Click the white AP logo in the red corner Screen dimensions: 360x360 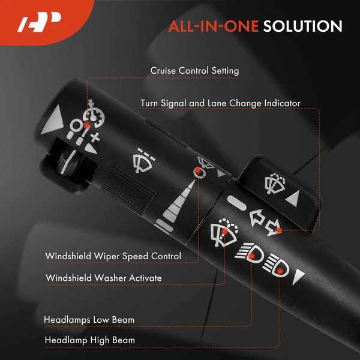point(39,22)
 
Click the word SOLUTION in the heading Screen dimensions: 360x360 point(302,26)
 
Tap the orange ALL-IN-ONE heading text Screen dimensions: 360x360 point(214,26)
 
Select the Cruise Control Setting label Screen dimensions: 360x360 point(194,71)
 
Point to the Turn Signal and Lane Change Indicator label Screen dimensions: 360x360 point(220,103)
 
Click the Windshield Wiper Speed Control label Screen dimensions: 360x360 point(113,256)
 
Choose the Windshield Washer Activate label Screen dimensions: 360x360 point(104,278)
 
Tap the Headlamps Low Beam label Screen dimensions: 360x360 point(89,320)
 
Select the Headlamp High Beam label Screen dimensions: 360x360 point(90,340)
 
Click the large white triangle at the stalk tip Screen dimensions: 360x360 point(53,120)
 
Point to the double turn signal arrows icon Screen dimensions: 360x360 point(265,222)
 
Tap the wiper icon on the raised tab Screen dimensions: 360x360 point(275,184)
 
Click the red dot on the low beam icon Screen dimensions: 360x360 point(252,256)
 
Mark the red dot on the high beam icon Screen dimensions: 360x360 point(280,271)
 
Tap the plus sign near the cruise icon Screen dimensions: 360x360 point(95,138)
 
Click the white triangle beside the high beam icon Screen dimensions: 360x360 point(298,277)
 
